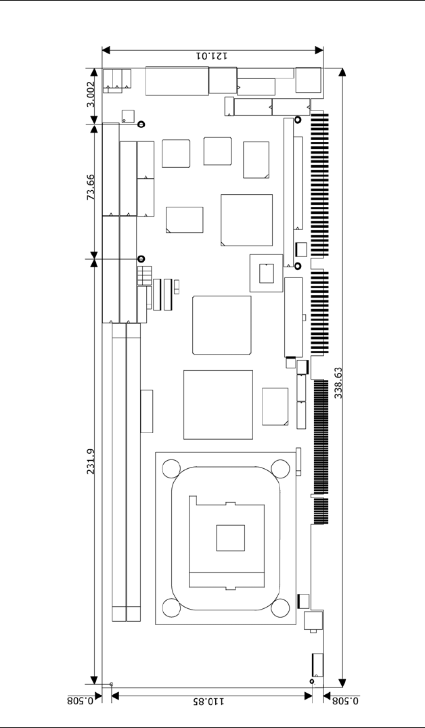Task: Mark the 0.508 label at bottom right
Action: (x=345, y=702)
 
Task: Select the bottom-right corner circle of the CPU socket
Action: (x=281, y=608)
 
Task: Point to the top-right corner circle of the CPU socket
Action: (x=281, y=468)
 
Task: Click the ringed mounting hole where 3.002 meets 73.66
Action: (x=141, y=124)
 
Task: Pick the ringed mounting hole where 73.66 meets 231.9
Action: (x=141, y=259)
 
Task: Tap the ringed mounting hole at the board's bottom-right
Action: (x=312, y=681)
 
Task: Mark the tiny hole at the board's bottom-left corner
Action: (x=111, y=685)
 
